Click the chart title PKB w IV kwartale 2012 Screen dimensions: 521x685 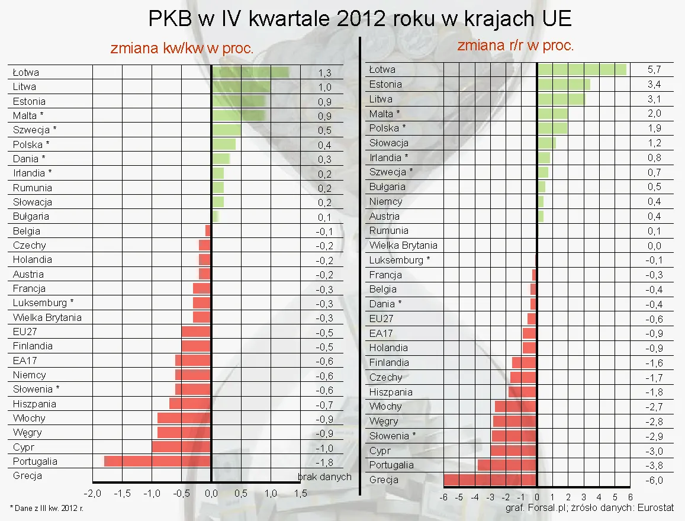pyautogui.click(x=360, y=19)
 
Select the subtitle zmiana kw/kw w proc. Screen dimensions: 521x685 pyautogui.click(x=182, y=49)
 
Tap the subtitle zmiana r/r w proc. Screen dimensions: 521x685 pyautogui.click(x=515, y=46)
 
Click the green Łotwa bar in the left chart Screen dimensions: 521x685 pyautogui.click(x=250, y=72)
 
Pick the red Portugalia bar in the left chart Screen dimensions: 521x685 pyautogui.click(x=157, y=461)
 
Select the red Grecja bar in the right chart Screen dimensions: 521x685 pyautogui.click(x=490, y=480)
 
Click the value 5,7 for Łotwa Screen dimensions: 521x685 pyautogui.click(x=654, y=70)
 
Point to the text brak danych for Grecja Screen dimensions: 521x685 pyautogui.click(x=324, y=477)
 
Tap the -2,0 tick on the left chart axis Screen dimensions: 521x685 pyautogui.click(x=92, y=494)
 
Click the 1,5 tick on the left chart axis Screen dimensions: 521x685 pyautogui.click(x=300, y=494)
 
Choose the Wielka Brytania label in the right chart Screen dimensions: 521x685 pyautogui.click(x=403, y=245)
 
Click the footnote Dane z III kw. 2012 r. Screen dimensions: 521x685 pyautogui.click(x=46, y=508)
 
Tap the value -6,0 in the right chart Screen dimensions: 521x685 pyautogui.click(x=654, y=480)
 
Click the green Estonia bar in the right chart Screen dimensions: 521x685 pyautogui.click(x=563, y=84)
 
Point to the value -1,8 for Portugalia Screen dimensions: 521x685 pyautogui.click(x=324, y=462)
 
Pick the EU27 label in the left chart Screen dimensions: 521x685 pyautogui.click(x=25, y=332)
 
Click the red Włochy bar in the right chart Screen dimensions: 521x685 pyautogui.click(x=516, y=406)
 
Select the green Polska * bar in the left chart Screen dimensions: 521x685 pyautogui.click(x=223, y=144)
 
